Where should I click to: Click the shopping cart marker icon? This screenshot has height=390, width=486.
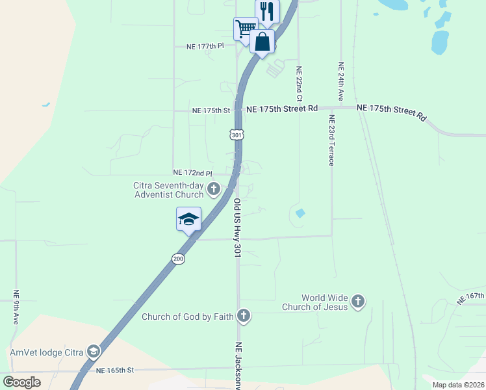coord(246,28)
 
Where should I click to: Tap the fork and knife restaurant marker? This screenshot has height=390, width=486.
coord(266,10)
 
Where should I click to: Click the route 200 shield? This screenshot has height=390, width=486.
coord(179,259)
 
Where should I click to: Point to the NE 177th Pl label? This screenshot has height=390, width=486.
coord(205,46)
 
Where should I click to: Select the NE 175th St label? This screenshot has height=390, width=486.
coord(211,110)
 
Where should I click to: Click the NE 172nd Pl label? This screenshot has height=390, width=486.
coord(193,173)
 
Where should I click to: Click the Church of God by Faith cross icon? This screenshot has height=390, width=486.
coord(244,317)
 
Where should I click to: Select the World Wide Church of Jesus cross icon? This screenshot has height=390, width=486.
coord(358,302)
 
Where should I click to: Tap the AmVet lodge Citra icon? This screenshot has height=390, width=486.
coord(94,352)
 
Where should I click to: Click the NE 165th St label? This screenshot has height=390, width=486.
coord(114,370)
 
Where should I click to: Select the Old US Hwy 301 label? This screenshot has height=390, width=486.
coord(237,228)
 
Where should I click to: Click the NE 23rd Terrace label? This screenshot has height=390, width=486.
coord(331,140)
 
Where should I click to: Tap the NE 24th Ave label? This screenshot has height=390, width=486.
coord(340,81)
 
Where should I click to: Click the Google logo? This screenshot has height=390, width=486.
coord(21,382)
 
